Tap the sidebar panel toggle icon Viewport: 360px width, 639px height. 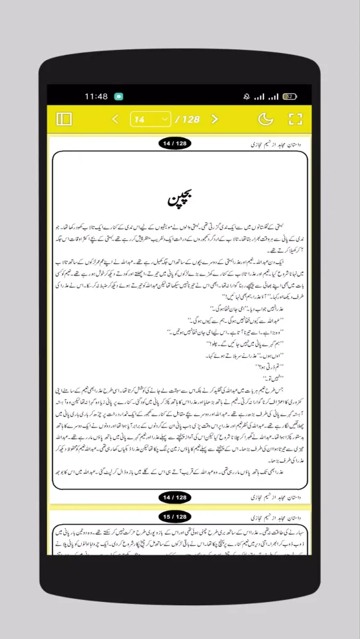[65, 119]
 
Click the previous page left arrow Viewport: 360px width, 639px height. [115, 119]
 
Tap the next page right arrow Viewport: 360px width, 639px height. [215, 119]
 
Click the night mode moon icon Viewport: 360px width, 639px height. [265, 119]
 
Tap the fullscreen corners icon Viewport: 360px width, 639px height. [295, 119]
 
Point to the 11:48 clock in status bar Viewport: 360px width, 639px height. [96, 96]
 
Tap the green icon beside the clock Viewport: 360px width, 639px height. [118, 96]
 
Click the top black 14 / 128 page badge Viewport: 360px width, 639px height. [174, 144]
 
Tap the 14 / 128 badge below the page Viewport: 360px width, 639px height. [174, 497]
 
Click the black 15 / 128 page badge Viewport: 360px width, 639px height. [174, 516]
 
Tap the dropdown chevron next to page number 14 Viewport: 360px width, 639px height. [164, 119]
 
